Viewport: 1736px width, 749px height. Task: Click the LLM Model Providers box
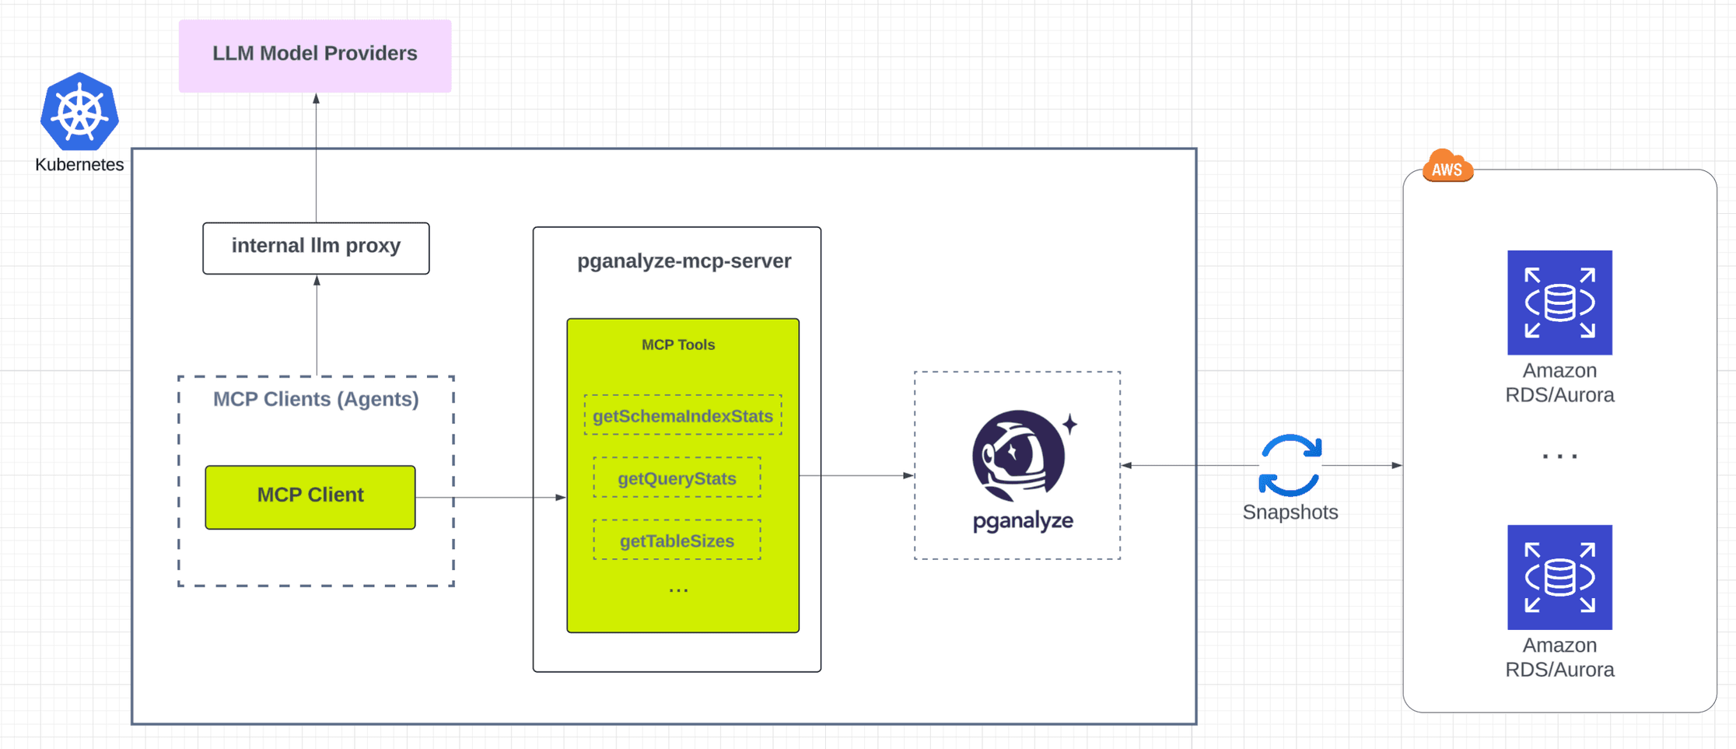(315, 55)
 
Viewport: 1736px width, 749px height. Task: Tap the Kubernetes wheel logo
(79, 112)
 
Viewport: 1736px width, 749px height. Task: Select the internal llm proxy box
(316, 248)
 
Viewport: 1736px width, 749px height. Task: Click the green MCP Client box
(310, 497)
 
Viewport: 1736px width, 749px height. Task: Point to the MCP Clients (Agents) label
(316, 399)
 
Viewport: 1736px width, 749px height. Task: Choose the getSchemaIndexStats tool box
(683, 415)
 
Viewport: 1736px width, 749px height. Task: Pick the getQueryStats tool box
(677, 478)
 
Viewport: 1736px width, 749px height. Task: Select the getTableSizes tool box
(677, 540)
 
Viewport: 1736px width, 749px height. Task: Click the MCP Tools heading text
(677, 345)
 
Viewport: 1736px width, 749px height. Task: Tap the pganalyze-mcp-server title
(684, 261)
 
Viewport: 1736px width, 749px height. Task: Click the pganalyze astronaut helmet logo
(1019, 455)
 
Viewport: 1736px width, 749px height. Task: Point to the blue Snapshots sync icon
(1290, 465)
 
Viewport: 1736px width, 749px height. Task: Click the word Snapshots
(1290, 512)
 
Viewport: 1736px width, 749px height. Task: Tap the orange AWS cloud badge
(1447, 166)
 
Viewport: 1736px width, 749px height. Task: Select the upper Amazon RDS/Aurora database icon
(1559, 303)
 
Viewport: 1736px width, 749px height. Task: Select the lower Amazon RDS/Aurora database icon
(1559, 577)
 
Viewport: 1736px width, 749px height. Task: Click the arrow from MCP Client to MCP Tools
(490, 497)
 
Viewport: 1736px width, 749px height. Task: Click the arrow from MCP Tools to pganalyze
(856, 475)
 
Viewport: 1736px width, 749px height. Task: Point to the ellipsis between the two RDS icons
(1559, 457)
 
